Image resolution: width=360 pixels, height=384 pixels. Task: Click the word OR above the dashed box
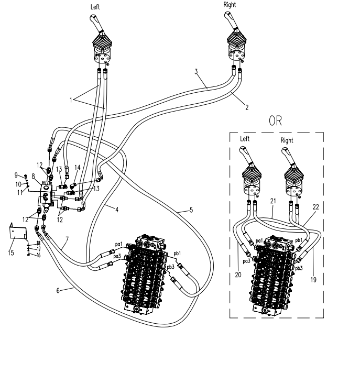click(x=275, y=120)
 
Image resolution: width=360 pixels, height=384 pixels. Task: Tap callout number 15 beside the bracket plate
click(x=11, y=253)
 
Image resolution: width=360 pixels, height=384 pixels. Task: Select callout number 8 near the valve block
click(x=34, y=177)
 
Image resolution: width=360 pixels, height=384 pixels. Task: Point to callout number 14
click(x=78, y=168)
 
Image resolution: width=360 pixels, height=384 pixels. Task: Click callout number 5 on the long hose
click(x=191, y=210)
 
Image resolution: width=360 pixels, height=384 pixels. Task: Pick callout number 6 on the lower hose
click(x=58, y=290)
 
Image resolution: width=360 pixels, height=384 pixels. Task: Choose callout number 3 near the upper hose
click(x=196, y=72)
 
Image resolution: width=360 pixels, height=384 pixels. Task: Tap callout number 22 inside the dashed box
click(x=316, y=207)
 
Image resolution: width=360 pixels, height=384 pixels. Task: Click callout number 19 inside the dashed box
click(x=313, y=279)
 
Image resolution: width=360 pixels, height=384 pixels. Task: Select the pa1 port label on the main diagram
click(x=119, y=244)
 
